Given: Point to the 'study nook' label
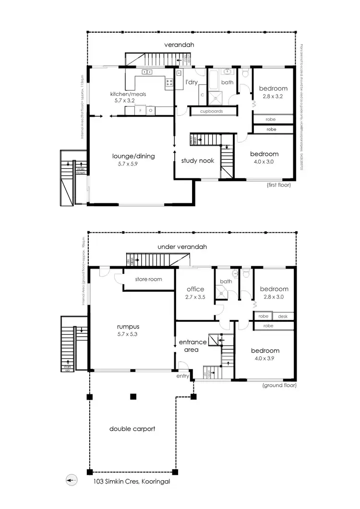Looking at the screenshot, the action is [x=197, y=161].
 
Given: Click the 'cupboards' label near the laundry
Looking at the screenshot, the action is [x=214, y=111].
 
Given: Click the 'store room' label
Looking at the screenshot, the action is [x=148, y=279].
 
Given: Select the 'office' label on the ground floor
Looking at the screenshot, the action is [x=195, y=289].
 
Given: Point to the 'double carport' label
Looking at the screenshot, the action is [x=132, y=428].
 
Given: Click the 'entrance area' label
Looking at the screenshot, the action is [x=192, y=346].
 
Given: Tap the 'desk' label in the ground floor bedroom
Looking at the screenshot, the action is [x=283, y=317].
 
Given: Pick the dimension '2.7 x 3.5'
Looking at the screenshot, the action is [x=195, y=297].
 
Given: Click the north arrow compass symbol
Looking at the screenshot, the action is [x=72, y=479].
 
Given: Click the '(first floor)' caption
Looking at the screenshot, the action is [x=278, y=185].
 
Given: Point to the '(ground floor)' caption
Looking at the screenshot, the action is [x=279, y=385].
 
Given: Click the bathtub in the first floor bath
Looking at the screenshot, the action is [x=214, y=75].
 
